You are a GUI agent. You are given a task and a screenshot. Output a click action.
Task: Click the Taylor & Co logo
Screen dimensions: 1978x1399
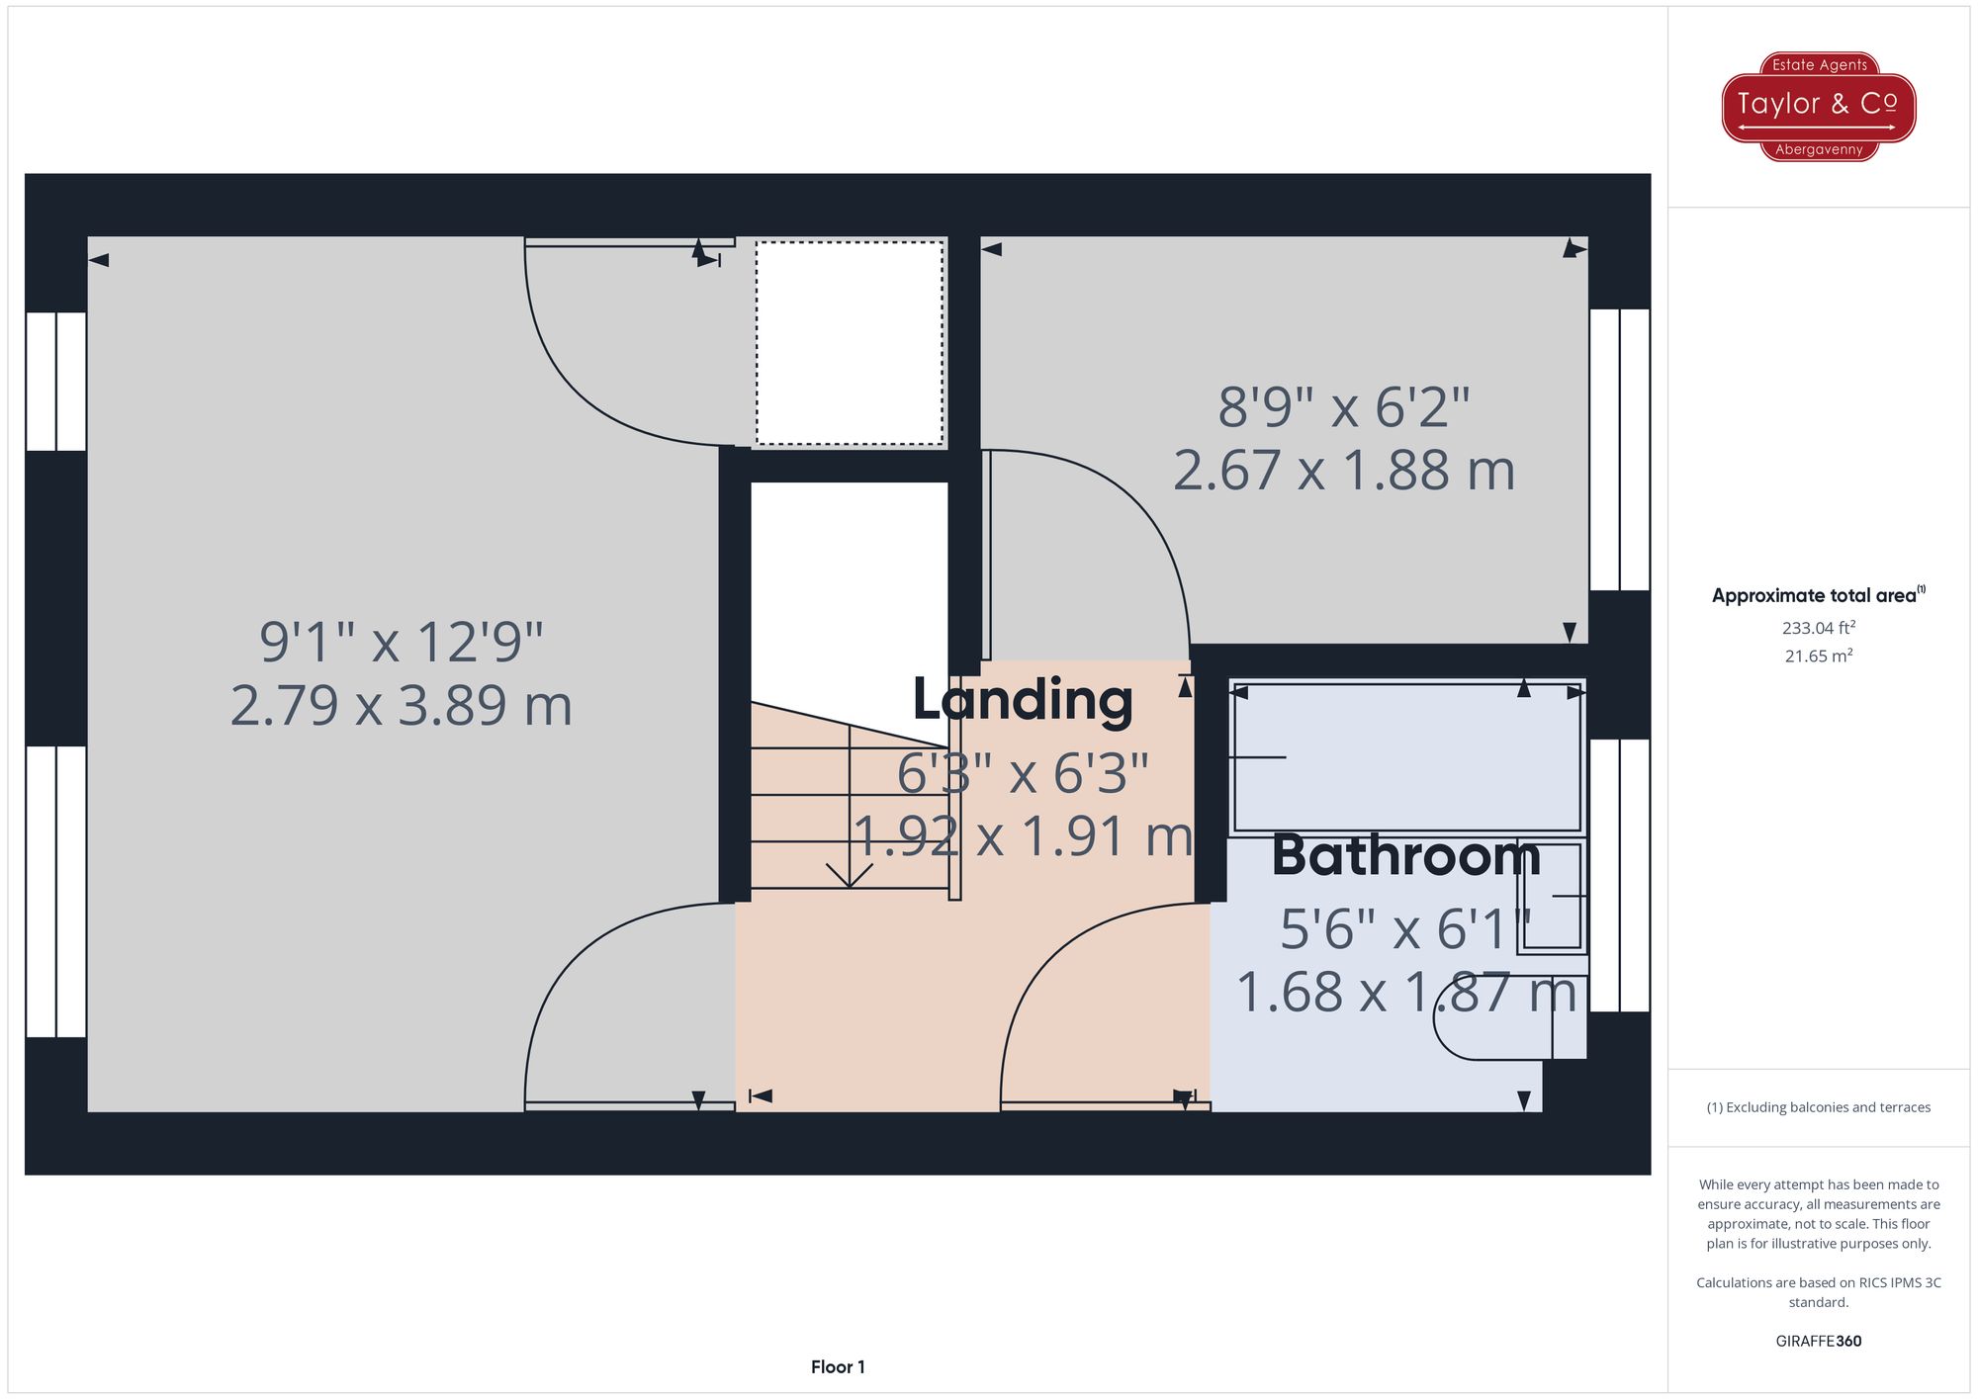1819,107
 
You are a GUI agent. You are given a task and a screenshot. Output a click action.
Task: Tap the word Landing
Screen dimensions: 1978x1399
1023,700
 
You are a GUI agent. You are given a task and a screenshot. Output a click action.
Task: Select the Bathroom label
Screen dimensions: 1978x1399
1405,855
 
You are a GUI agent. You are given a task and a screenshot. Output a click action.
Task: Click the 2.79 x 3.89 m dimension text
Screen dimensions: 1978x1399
402,706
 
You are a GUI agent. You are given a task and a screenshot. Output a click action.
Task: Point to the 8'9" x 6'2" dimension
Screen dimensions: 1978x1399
1344,406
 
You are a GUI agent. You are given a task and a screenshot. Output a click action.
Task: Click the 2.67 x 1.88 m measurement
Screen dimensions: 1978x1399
1344,471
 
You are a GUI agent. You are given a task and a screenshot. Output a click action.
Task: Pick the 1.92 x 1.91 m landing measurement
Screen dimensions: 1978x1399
1024,836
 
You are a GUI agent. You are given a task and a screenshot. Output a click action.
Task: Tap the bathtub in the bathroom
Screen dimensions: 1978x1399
1407,756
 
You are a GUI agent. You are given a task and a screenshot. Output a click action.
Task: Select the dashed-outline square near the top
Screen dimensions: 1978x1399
850,343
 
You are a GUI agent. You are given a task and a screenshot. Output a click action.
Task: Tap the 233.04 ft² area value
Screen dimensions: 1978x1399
1819,627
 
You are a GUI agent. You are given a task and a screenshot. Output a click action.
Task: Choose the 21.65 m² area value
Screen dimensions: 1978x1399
1819,656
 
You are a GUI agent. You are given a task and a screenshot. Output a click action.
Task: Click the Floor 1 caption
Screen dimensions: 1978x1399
838,1367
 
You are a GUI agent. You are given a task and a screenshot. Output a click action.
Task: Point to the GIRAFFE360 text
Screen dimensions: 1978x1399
1819,1342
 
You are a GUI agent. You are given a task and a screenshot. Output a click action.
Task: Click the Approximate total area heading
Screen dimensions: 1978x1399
1819,595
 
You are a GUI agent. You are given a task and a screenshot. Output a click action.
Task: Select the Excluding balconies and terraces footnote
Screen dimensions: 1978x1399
1819,1107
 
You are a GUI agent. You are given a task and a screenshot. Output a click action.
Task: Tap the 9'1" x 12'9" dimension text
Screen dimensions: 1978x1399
402,642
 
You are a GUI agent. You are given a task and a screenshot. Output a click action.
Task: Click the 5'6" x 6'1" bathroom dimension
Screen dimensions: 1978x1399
1405,929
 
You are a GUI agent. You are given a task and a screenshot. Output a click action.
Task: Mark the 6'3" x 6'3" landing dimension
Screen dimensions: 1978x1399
1023,773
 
